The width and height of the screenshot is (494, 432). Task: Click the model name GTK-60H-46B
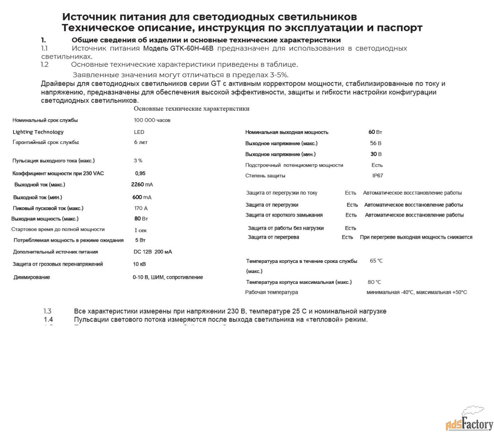point(191,49)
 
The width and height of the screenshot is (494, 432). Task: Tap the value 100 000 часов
point(152,120)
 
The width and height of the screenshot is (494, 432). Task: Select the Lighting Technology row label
point(38,132)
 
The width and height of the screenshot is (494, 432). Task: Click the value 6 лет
point(141,142)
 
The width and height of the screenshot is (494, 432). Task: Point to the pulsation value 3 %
point(138,161)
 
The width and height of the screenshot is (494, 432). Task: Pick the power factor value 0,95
point(140,173)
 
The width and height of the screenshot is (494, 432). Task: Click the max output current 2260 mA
point(142,185)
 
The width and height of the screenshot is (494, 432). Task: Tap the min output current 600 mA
point(142,197)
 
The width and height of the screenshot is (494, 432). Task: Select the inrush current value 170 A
point(141,208)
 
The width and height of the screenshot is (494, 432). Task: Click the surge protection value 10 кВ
point(139,264)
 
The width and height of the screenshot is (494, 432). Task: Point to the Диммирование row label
point(32,277)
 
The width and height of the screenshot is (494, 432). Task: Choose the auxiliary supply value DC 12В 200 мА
point(153,252)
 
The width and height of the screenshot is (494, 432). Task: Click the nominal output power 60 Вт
point(375,132)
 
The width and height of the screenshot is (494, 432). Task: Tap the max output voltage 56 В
point(376,143)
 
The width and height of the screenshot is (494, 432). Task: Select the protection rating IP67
point(377,176)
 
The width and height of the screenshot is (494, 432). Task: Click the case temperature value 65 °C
point(376,261)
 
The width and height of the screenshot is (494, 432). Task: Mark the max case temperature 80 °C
point(374,282)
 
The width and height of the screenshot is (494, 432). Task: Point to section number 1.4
point(48,320)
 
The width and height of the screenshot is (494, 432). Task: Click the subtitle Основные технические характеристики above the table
point(191,109)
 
